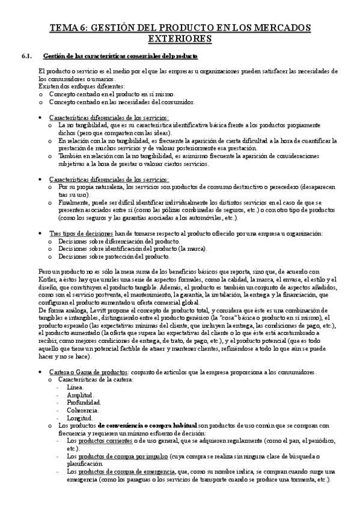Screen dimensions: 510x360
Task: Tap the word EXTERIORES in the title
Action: pos(180,39)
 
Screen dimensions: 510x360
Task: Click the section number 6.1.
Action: pos(26,57)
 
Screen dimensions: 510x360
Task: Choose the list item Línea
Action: pos(75,388)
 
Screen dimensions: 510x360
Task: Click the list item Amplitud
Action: pos(79,396)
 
